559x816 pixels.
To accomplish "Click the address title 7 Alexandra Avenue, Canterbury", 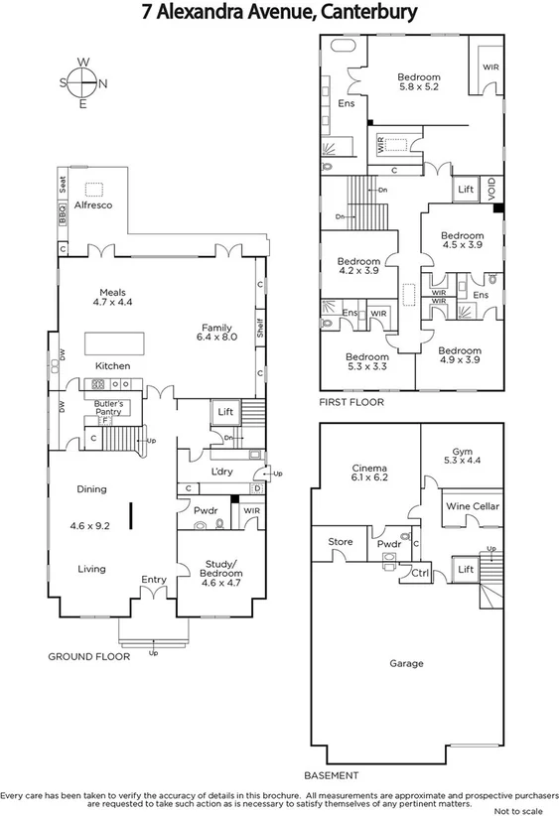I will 279,13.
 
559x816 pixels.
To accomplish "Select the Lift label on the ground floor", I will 224,411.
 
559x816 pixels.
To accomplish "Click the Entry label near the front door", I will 154,580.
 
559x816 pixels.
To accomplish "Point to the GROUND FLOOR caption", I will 89,656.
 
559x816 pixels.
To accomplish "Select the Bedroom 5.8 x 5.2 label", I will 418,81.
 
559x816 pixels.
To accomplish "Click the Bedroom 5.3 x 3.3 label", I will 366,361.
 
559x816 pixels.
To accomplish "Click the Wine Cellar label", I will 473,506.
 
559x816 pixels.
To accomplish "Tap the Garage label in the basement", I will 406,663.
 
